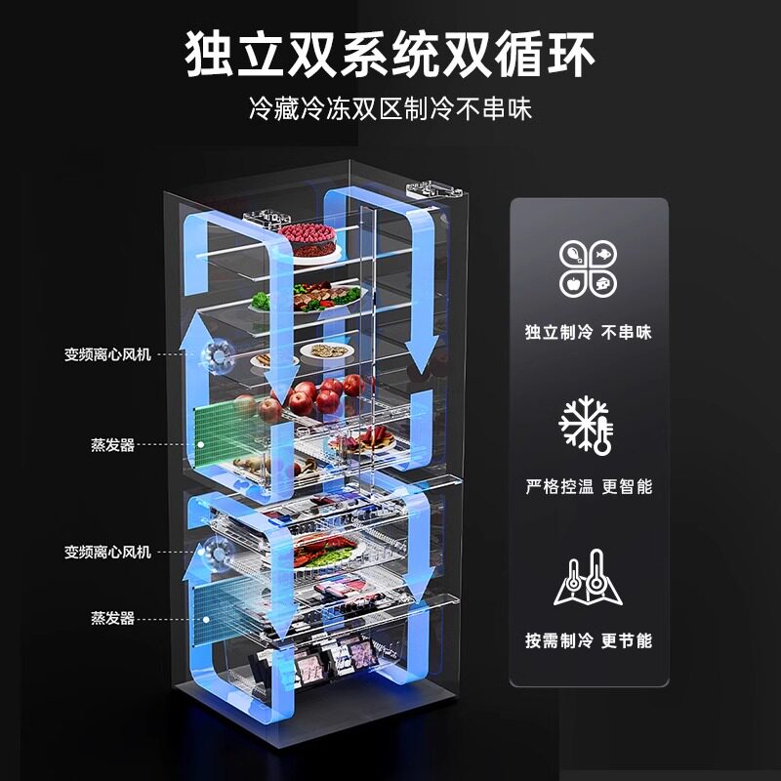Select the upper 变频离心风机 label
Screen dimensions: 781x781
[x=108, y=352]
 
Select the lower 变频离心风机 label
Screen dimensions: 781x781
[x=108, y=552]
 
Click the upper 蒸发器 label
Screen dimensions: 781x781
[x=114, y=445]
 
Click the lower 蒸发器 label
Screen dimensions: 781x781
[x=114, y=618]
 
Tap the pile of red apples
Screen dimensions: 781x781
[x=317, y=394]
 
